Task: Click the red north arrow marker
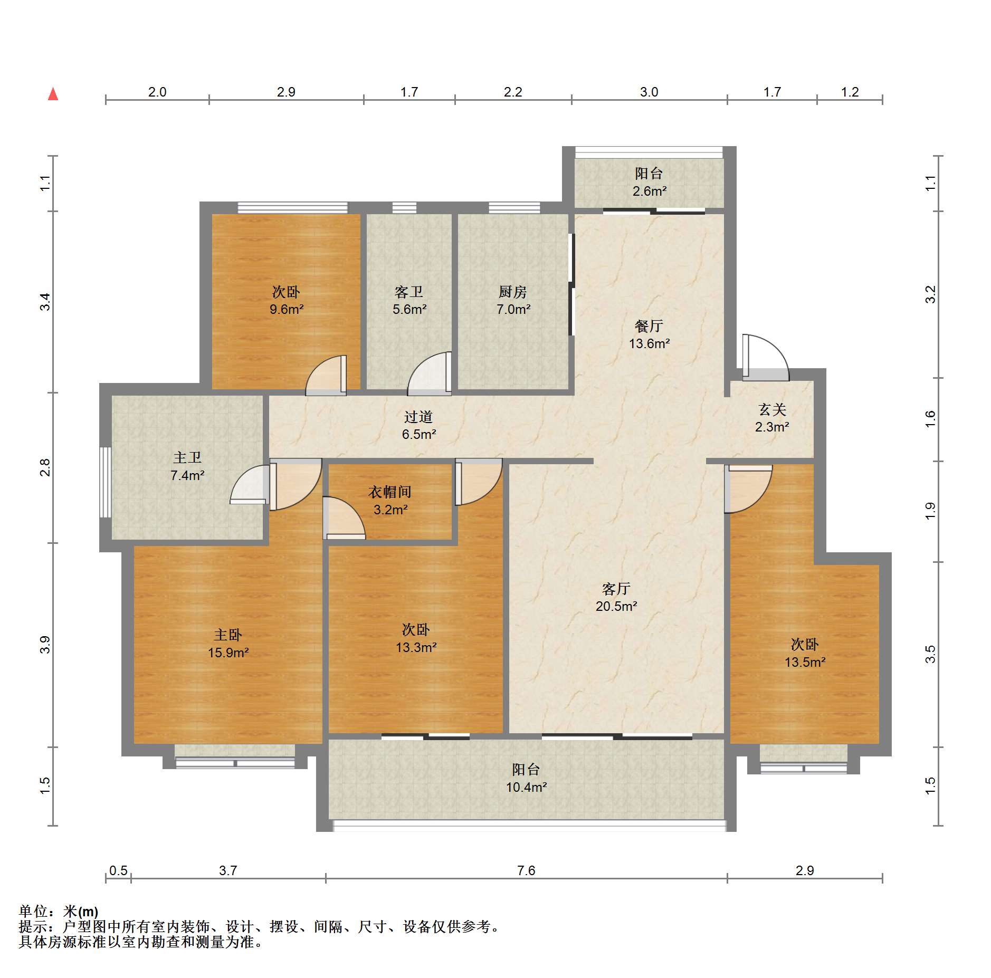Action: coord(53,94)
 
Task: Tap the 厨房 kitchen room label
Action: coord(512,291)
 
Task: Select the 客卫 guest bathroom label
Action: coord(409,291)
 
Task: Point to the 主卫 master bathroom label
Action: coord(187,457)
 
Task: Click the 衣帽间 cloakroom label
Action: coord(390,492)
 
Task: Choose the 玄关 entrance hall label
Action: coord(772,409)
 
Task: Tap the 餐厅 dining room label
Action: coord(649,326)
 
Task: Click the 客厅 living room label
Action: coord(616,589)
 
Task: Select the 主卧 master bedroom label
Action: coord(228,635)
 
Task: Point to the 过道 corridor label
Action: coord(418,417)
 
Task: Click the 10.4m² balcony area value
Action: coord(526,787)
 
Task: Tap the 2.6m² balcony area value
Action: coord(649,191)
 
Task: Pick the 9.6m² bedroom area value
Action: coord(286,309)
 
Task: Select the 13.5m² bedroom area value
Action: coord(805,662)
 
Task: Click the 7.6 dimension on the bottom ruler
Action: coord(526,870)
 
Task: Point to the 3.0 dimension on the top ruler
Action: coord(649,92)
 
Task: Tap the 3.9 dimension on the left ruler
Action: coord(45,645)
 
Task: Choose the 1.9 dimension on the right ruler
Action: coord(930,511)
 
